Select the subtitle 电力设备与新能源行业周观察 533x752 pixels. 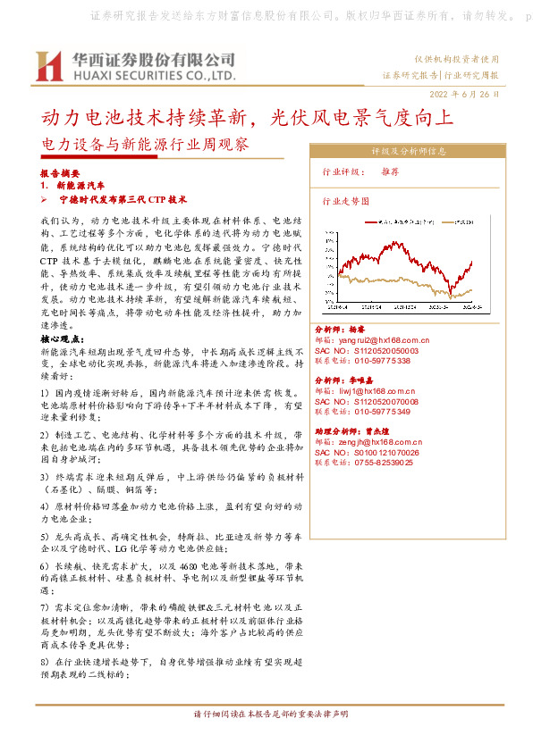[x=146, y=142]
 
